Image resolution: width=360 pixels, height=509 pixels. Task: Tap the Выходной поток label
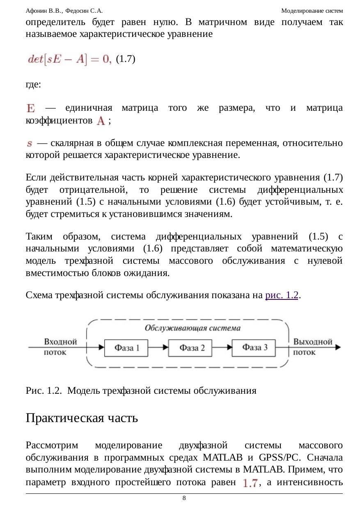313,347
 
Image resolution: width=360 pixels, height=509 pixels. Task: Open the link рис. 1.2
282,295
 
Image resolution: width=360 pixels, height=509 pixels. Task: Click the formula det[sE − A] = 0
69,59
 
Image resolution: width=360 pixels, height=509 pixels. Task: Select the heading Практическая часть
82,418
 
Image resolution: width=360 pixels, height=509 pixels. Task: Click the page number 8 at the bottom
184,498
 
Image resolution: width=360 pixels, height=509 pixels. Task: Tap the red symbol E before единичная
31,108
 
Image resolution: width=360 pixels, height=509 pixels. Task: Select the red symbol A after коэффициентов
101,121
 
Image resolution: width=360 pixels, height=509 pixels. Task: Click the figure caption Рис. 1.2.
141,390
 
